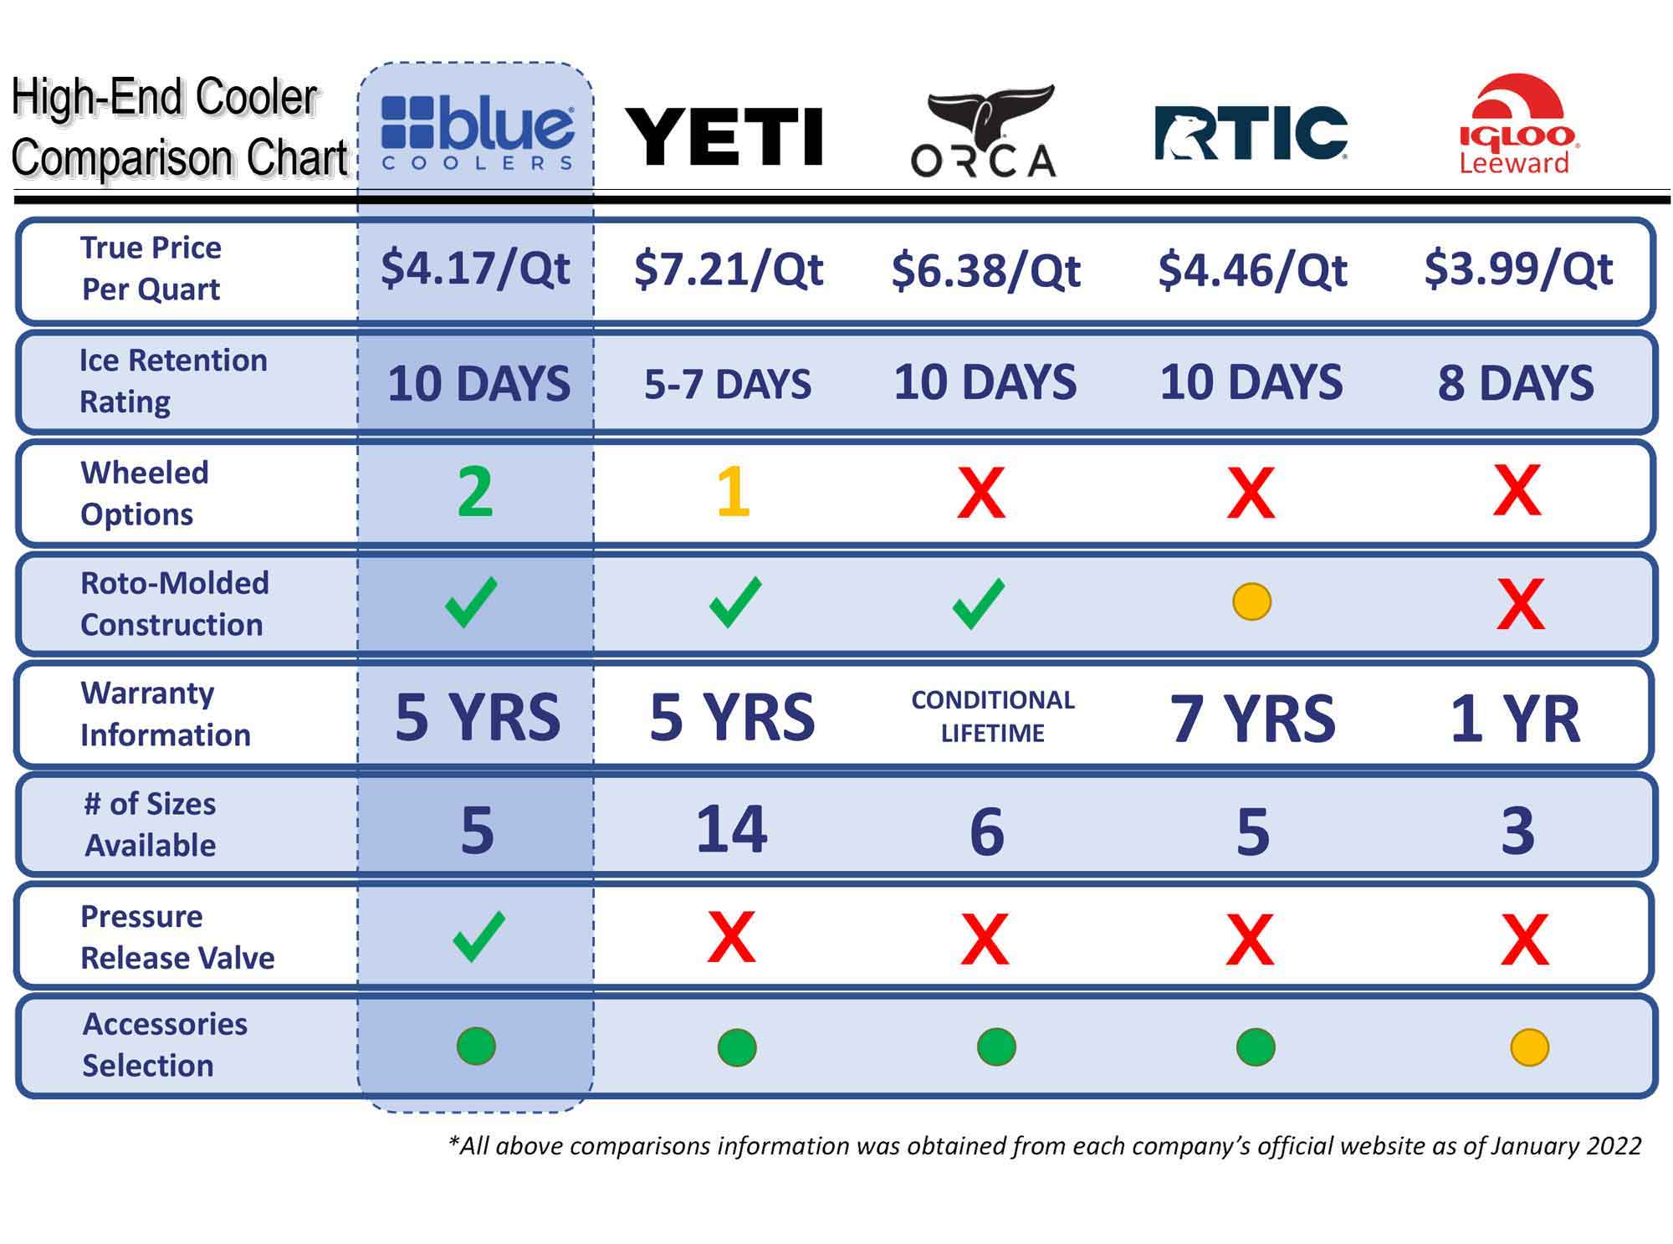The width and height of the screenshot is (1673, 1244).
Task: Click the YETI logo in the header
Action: (724, 136)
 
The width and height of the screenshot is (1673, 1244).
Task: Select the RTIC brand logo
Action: (1251, 132)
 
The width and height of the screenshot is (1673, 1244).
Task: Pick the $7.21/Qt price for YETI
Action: (729, 269)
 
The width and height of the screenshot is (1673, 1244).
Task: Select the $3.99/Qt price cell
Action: (1518, 269)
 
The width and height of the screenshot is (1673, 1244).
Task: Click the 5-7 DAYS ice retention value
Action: (728, 384)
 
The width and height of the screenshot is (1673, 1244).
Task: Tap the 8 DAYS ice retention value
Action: (1516, 383)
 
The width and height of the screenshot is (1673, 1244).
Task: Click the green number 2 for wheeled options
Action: (475, 492)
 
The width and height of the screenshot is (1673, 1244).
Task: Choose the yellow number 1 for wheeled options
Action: (734, 492)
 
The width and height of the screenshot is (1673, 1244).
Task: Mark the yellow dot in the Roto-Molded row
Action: (1251, 602)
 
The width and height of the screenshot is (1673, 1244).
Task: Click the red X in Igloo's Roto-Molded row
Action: (1520, 603)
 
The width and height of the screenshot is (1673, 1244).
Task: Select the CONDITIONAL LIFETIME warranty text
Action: (993, 716)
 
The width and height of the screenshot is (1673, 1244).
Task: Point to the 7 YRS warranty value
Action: (1252, 718)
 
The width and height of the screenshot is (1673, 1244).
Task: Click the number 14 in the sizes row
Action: (732, 829)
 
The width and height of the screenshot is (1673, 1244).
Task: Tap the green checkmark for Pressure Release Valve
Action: (478, 936)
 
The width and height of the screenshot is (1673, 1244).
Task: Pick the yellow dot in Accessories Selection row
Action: (1529, 1047)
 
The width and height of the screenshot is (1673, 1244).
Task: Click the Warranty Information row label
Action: (166, 714)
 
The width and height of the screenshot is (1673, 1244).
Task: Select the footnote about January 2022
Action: (1045, 1145)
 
